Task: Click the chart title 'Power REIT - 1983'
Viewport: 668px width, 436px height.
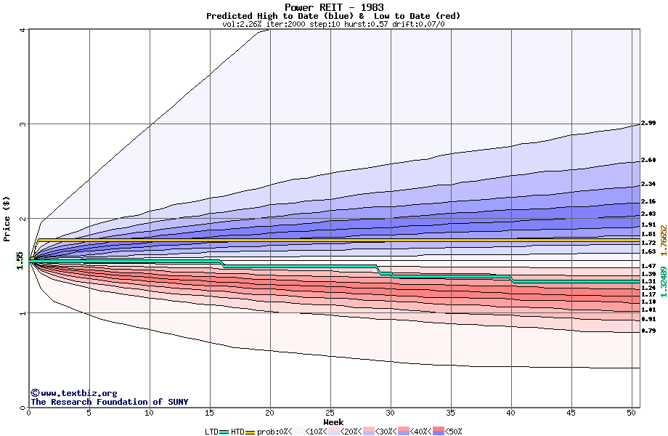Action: [x=333, y=7]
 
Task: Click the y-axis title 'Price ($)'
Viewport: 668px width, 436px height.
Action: [x=7, y=219]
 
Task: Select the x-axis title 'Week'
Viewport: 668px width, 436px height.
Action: [x=333, y=421]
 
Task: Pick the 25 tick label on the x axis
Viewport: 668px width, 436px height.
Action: [x=330, y=413]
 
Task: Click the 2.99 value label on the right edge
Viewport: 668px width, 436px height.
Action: [x=648, y=124]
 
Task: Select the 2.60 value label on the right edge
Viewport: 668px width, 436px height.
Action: [x=648, y=160]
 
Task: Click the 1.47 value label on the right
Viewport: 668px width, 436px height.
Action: [x=648, y=267]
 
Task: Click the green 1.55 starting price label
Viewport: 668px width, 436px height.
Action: [x=20, y=259]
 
